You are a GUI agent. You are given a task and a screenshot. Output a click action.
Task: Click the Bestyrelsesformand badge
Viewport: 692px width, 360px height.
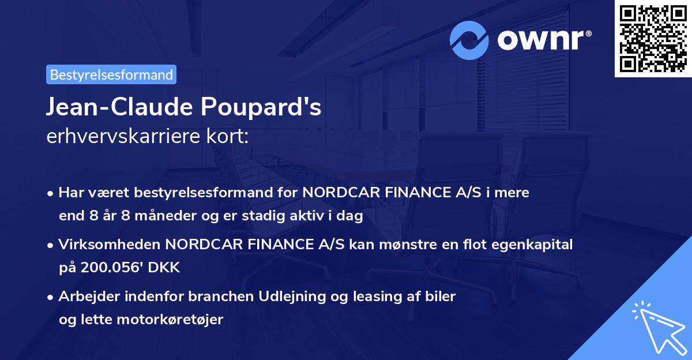coord(111,74)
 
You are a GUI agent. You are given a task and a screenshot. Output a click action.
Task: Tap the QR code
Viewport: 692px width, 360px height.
coord(653,38)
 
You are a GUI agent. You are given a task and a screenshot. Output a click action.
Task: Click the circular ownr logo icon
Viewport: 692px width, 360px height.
coord(470,40)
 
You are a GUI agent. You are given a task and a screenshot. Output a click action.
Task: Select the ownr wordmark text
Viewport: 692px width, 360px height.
coord(542,40)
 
